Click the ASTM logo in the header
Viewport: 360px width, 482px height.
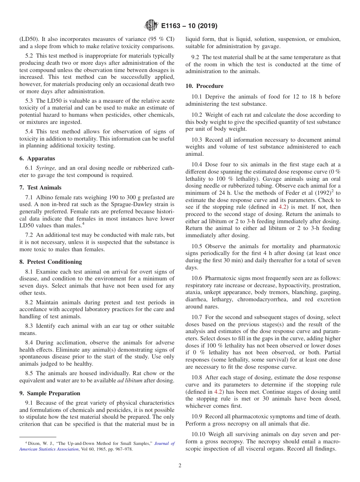tap(151, 26)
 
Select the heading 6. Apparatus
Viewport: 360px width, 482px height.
tap(37, 158)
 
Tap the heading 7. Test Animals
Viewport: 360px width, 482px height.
tap(40, 188)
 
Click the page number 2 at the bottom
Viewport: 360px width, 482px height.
tap(180, 466)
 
